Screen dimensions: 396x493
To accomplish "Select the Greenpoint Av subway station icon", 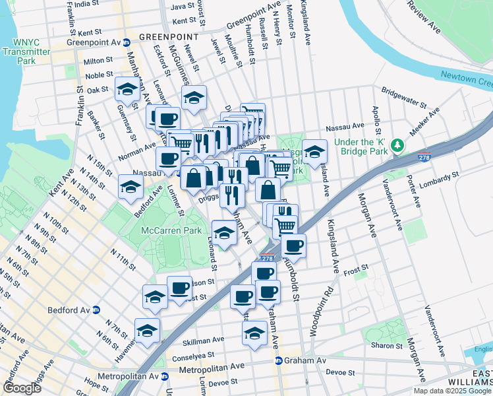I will tap(127, 43).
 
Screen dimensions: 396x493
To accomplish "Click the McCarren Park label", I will tap(165, 231).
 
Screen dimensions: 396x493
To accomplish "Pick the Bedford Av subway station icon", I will tap(96, 310).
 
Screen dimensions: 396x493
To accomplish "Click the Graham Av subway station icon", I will tap(279, 361).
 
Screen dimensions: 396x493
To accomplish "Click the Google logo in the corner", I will tap(22, 388).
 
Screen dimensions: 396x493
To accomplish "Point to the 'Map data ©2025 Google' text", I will tap(452, 391).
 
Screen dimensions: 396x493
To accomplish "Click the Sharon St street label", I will tap(382, 345).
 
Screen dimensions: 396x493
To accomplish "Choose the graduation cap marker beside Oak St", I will tap(127, 90).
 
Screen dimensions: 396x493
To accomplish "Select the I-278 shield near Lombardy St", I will tap(424, 158).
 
